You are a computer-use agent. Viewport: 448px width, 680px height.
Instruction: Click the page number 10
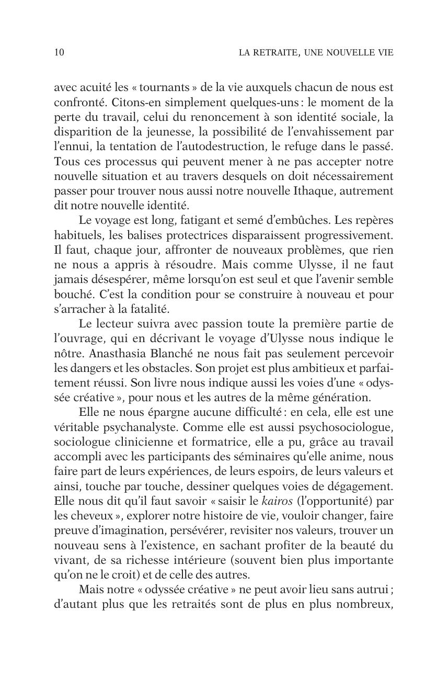coord(59,52)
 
